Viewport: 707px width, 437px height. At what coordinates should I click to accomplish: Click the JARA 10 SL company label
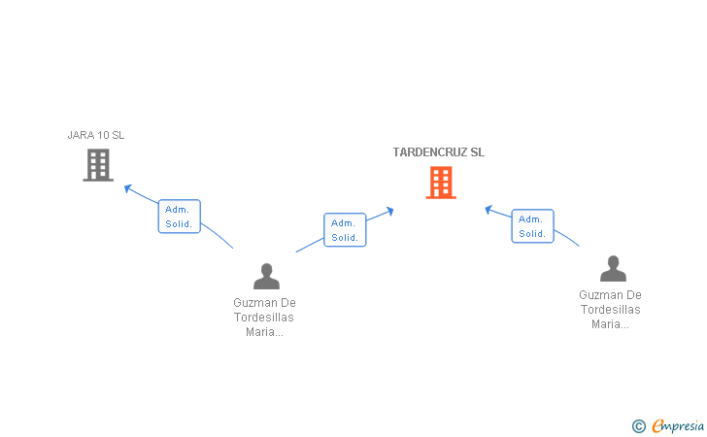pos(96,135)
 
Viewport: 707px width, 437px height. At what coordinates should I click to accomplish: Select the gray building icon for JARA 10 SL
pos(97,165)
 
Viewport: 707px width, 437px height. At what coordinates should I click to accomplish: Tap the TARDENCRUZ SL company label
pos(438,152)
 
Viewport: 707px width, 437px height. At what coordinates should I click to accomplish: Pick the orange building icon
pos(440,183)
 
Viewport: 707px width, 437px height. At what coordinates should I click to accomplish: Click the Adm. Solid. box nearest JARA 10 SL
pos(179,217)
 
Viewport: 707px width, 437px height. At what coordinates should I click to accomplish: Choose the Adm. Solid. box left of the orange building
pos(345,230)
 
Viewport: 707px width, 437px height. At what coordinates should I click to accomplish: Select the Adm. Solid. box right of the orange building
pos(532,226)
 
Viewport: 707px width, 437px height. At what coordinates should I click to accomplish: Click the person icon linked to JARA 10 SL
pos(265,277)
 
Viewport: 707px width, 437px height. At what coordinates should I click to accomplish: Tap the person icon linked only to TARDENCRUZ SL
pos(612,269)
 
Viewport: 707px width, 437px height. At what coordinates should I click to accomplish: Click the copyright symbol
pos(638,425)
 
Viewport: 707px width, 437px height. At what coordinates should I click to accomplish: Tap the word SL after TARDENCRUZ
pos(477,152)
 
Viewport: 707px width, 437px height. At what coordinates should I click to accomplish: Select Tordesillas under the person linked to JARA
pos(263,318)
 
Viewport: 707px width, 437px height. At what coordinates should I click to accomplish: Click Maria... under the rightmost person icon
pos(610,324)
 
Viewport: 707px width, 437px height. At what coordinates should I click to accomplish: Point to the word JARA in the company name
pos(81,135)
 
